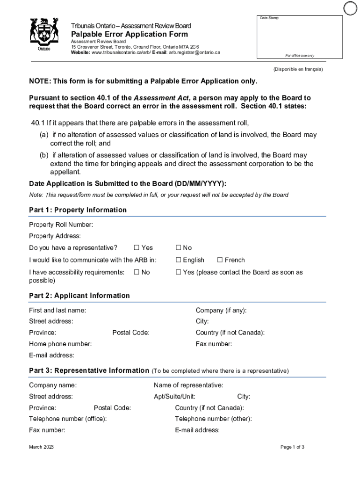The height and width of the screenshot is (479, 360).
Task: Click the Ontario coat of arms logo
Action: [x=44, y=34]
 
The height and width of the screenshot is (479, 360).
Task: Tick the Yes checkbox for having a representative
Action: [x=137, y=248]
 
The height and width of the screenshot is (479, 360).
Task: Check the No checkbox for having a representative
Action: [x=178, y=248]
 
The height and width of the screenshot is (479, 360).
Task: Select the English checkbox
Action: [x=178, y=260]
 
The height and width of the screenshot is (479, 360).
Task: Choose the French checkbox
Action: [x=220, y=260]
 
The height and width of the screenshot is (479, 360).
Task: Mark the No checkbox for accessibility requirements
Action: [x=137, y=272]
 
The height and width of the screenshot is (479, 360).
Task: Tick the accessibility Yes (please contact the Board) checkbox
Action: [x=178, y=272]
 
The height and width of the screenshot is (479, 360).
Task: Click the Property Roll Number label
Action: [x=61, y=225]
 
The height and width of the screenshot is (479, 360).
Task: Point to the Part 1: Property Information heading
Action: [x=78, y=210]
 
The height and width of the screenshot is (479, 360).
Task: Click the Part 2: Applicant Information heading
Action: [x=79, y=296]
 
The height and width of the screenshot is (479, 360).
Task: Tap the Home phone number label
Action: [x=60, y=344]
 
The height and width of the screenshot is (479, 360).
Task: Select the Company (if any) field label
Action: [x=221, y=310]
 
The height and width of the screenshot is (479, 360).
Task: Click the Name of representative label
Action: [x=188, y=385]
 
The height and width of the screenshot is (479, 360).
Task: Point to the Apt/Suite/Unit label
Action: [x=174, y=397]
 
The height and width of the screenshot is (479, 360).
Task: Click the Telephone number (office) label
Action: [x=68, y=419]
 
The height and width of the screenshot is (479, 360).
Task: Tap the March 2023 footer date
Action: [x=41, y=447]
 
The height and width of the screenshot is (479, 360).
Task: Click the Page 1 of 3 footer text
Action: [x=292, y=447]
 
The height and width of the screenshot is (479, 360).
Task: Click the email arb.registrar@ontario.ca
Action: [x=194, y=52]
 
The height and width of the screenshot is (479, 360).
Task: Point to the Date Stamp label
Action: [x=269, y=18]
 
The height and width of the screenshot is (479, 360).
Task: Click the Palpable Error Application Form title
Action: [x=130, y=34]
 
